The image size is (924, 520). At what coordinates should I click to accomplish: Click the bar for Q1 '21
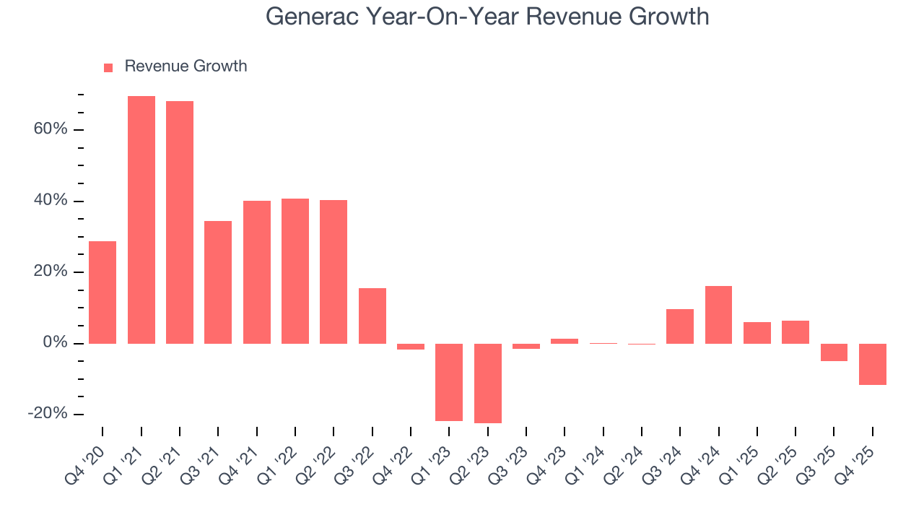[x=141, y=220]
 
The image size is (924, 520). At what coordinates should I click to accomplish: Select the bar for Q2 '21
[x=180, y=222]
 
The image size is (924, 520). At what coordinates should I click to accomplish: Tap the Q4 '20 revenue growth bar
[x=103, y=292]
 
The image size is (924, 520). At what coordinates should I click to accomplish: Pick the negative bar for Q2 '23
[x=488, y=383]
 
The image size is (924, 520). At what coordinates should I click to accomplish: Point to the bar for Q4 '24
[x=718, y=314]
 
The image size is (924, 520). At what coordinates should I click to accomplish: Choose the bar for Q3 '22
[x=372, y=316]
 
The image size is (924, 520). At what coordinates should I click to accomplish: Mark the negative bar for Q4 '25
[x=872, y=364]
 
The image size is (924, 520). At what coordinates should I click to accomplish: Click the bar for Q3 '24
[x=680, y=326]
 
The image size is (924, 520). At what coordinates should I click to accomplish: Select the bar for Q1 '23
[x=449, y=382]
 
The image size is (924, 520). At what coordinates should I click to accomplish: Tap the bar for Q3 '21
[x=218, y=282]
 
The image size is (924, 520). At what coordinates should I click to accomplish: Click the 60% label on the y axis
[x=50, y=129]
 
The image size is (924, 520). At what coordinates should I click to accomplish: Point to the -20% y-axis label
[x=48, y=414]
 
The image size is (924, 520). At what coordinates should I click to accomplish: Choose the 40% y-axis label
[x=50, y=201]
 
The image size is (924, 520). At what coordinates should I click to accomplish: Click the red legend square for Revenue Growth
[x=108, y=67]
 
